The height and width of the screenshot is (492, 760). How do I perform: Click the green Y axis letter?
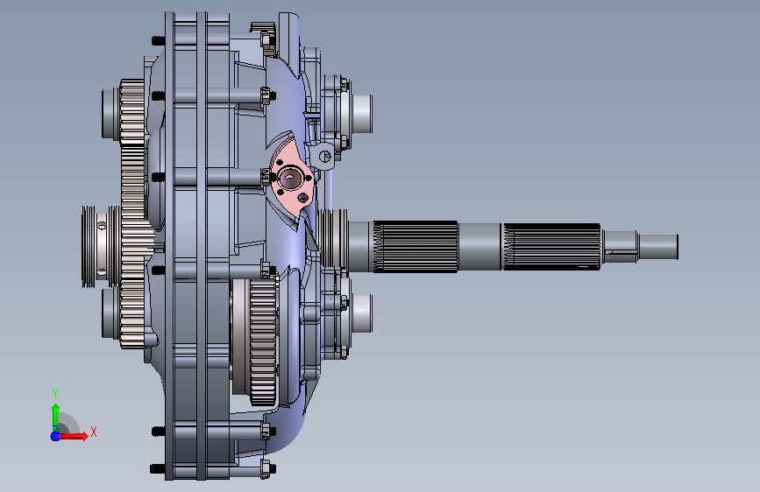tap(55, 393)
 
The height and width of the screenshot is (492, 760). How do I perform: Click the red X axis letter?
tap(94, 432)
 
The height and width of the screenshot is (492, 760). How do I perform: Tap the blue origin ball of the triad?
tap(56, 436)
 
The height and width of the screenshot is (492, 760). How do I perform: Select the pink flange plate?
tap(292, 179)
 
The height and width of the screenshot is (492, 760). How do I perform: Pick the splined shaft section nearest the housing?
tap(416, 247)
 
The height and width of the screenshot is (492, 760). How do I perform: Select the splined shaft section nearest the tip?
tap(552, 247)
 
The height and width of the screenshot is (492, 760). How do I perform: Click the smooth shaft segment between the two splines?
tap(480, 247)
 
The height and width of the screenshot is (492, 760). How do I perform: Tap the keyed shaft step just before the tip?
tap(620, 247)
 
